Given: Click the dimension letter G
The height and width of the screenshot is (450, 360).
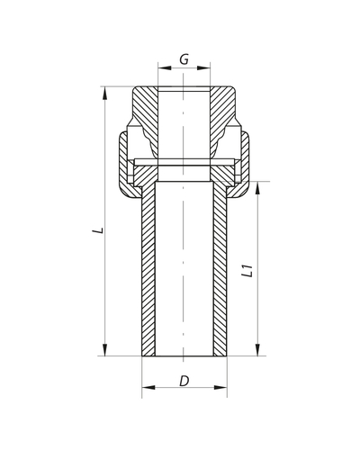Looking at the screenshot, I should pyautogui.click(x=184, y=59).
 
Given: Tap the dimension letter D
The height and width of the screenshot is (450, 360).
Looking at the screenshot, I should pyautogui.click(x=184, y=381).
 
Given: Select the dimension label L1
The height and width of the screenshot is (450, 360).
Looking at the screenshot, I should pyautogui.click(x=245, y=271).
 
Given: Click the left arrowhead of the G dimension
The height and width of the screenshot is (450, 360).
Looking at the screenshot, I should pyautogui.click(x=161, y=68).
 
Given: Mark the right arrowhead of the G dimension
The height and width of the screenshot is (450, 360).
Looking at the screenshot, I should pyautogui.click(x=207, y=68).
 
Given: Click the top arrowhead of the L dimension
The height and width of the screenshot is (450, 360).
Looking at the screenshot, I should pyautogui.click(x=106, y=91).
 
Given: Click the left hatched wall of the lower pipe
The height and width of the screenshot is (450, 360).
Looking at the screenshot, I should pyautogui.click(x=149, y=270).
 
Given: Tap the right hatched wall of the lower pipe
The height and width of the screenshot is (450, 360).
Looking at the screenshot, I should pyautogui.click(x=219, y=270).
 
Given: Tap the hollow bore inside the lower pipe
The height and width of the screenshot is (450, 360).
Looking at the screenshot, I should pyautogui.click(x=184, y=270).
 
